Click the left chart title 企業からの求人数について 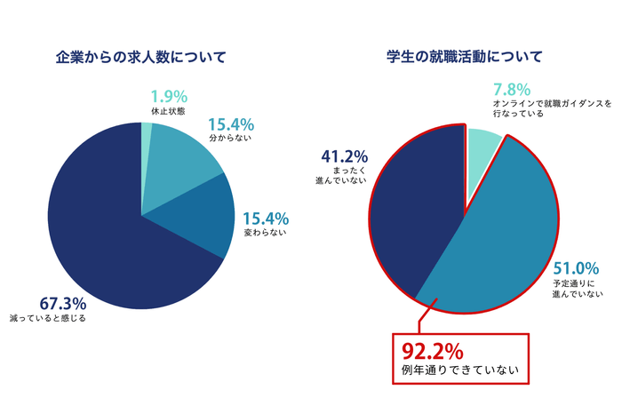[140, 58]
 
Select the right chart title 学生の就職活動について [465, 58]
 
